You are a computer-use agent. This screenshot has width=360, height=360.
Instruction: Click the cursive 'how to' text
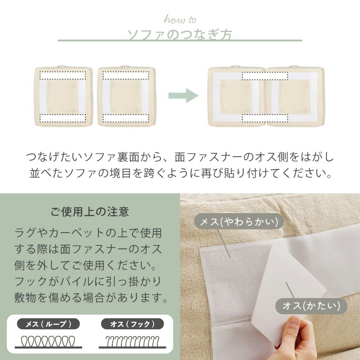(180, 19)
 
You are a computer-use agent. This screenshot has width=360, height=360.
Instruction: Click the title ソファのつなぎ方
(180, 35)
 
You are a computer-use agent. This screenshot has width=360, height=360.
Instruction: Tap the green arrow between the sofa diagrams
(183, 95)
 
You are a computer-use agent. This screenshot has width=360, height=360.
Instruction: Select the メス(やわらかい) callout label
(239, 221)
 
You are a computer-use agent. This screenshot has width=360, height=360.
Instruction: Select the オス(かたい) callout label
(311, 306)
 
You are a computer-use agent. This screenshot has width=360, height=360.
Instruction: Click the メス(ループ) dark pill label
(49, 324)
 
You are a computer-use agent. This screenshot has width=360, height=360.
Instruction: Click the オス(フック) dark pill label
(132, 324)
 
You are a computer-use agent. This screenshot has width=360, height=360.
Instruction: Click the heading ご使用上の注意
(90, 211)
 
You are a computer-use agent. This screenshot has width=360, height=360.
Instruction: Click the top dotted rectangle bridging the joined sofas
(265, 76)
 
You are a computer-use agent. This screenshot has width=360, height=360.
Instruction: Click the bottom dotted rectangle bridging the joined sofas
(265, 118)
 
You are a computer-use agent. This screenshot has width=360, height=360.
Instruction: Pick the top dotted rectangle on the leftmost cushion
(63, 76)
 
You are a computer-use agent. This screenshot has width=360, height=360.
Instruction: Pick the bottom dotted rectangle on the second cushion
(126, 118)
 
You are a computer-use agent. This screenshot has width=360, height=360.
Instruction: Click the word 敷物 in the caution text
(25, 298)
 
